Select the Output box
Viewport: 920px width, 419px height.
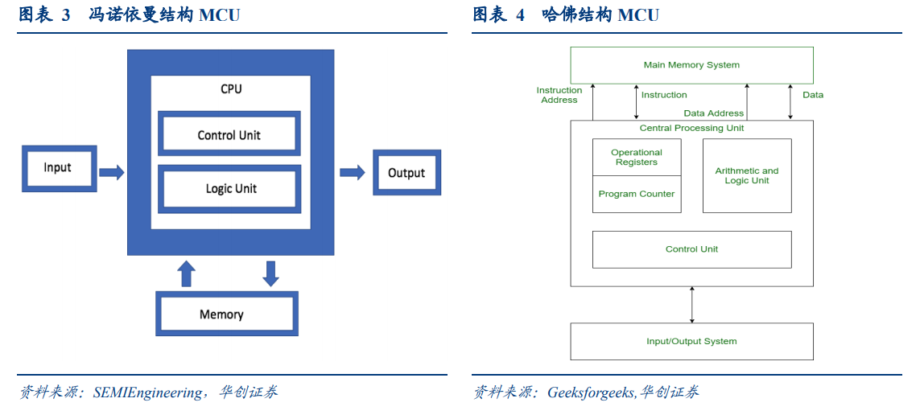[x=406, y=173]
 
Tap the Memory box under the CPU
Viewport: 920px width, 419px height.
[x=226, y=314]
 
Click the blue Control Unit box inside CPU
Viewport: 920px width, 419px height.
[x=229, y=134]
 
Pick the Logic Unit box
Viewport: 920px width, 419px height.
[x=229, y=187]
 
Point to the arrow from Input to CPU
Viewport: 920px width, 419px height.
[x=112, y=172]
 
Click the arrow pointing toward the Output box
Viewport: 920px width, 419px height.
[x=352, y=172]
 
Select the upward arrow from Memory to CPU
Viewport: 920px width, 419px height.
[x=187, y=273]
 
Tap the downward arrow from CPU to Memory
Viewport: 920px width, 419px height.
[x=270, y=273]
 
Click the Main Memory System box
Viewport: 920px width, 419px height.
[x=691, y=65]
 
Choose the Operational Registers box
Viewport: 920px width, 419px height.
[x=637, y=157]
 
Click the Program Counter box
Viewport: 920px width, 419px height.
[x=637, y=194]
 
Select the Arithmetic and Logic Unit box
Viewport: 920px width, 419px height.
[x=747, y=176]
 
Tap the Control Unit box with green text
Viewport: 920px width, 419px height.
[x=691, y=249]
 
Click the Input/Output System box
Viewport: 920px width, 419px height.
[x=691, y=341]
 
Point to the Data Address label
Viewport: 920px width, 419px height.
[x=713, y=113]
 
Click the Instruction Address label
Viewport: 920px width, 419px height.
[x=559, y=95]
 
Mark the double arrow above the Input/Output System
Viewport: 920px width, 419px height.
[x=692, y=305]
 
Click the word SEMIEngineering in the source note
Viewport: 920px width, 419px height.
[x=147, y=392]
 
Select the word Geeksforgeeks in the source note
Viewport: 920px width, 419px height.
[x=591, y=392]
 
